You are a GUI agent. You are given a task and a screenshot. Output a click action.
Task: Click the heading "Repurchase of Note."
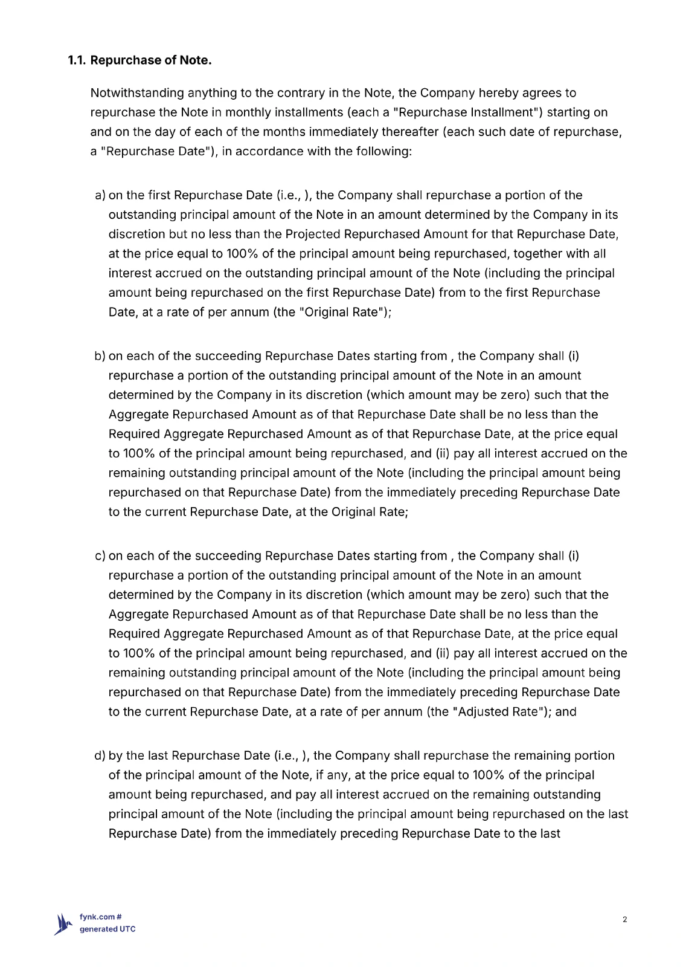point(150,60)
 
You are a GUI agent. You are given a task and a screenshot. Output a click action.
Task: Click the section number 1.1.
point(77,60)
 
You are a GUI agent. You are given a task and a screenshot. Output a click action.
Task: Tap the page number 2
point(624,920)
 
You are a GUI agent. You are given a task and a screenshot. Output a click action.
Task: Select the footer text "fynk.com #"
point(101,917)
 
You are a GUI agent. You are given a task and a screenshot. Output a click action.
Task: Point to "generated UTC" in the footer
point(107,930)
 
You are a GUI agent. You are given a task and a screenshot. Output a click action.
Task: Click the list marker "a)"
point(100,195)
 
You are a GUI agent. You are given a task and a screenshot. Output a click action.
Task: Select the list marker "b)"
point(100,356)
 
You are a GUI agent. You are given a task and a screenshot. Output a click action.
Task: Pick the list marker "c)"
point(100,556)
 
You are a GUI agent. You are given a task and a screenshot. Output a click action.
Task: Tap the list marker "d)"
point(100,755)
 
